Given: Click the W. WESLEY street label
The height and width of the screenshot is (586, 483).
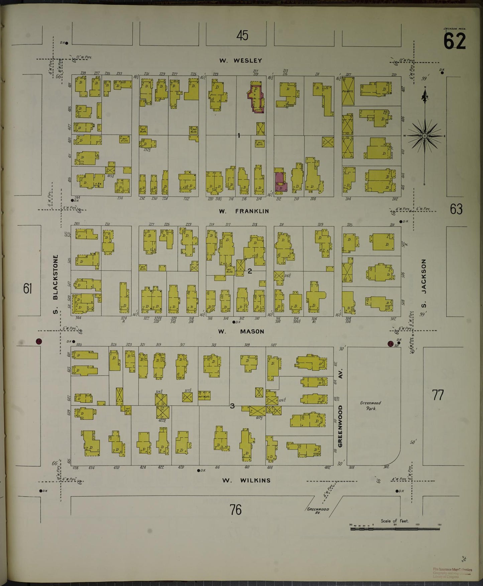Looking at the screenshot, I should pos(240,61).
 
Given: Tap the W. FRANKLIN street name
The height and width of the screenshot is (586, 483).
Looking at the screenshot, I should pos(244,211).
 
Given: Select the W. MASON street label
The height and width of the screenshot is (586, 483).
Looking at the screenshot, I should pos(241,331).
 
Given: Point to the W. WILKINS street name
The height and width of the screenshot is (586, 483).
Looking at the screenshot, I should pos(246,480).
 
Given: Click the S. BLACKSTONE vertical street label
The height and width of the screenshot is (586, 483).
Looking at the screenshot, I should pos(55,284).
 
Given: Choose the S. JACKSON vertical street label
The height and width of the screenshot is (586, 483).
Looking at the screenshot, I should pos(424,284).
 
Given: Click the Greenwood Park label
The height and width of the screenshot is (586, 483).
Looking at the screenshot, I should pos(370,405).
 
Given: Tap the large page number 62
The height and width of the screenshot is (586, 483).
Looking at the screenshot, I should pos(454,41).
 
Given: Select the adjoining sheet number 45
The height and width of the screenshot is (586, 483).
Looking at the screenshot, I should pos(242,35).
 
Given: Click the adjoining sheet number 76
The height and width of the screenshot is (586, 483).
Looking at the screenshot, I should pos(235,510).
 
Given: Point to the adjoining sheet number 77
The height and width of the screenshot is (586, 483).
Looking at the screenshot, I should pos(438,395).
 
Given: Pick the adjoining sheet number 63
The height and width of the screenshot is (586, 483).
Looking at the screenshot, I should pos(456,209).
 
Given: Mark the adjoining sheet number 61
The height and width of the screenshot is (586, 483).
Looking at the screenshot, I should pos(27,288).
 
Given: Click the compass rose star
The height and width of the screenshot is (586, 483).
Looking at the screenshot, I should pos(425,136).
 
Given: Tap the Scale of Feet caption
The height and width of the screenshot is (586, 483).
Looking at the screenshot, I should pos(394,521).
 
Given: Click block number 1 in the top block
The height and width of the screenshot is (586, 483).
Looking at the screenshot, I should pos(239,135).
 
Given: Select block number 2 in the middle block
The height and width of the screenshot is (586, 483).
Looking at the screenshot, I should pos(249,271).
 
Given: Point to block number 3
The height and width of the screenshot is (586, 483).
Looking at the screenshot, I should pos(232,406).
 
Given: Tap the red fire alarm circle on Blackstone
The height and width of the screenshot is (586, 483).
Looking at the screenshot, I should pos(39,341).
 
